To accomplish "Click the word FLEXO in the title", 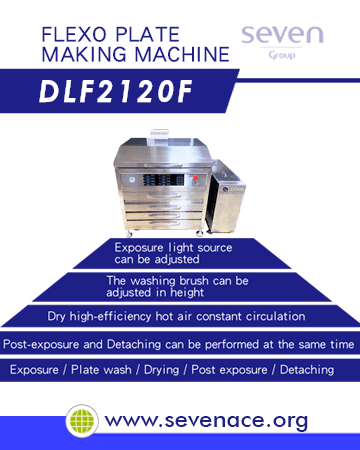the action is pyautogui.click(x=74, y=35).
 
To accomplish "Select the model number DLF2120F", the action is pyautogui.click(x=116, y=91).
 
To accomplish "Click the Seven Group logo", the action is pyautogui.click(x=282, y=43).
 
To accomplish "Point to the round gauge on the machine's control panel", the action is pyautogui.click(x=131, y=180).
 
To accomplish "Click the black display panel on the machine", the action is pyautogui.click(x=163, y=180).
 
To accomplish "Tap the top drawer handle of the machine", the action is pyautogui.click(x=163, y=196).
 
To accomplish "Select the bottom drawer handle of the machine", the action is pyautogui.click(x=163, y=223).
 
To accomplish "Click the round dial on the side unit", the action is pyautogui.click(x=225, y=189).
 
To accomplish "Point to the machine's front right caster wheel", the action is pyautogui.click(x=200, y=233).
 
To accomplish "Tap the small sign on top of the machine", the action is pyautogui.click(x=159, y=133).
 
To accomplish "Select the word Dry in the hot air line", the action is pyautogui.click(x=56, y=316).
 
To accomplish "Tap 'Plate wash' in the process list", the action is pyautogui.click(x=101, y=370).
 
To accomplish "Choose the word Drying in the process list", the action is pyautogui.click(x=161, y=370).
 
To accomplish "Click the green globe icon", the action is pyautogui.click(x=82, y=421).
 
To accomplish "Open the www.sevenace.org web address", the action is pyautogui.click(x=206, y=421).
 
